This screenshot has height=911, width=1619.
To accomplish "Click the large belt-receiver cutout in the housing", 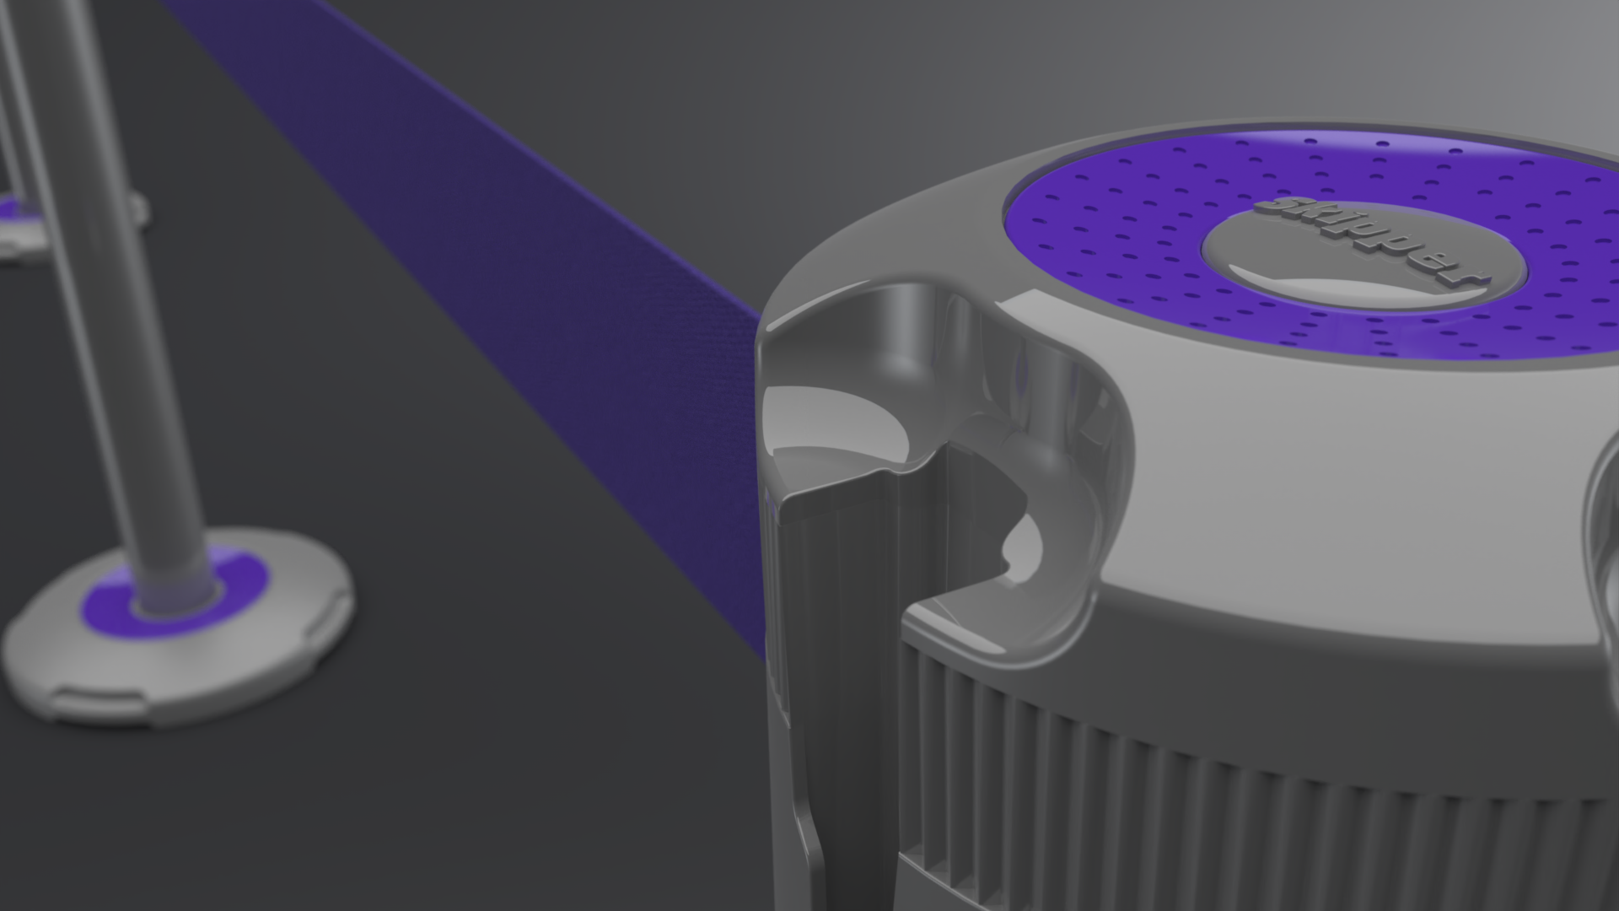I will pyautogui.click(x=970, y=422).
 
